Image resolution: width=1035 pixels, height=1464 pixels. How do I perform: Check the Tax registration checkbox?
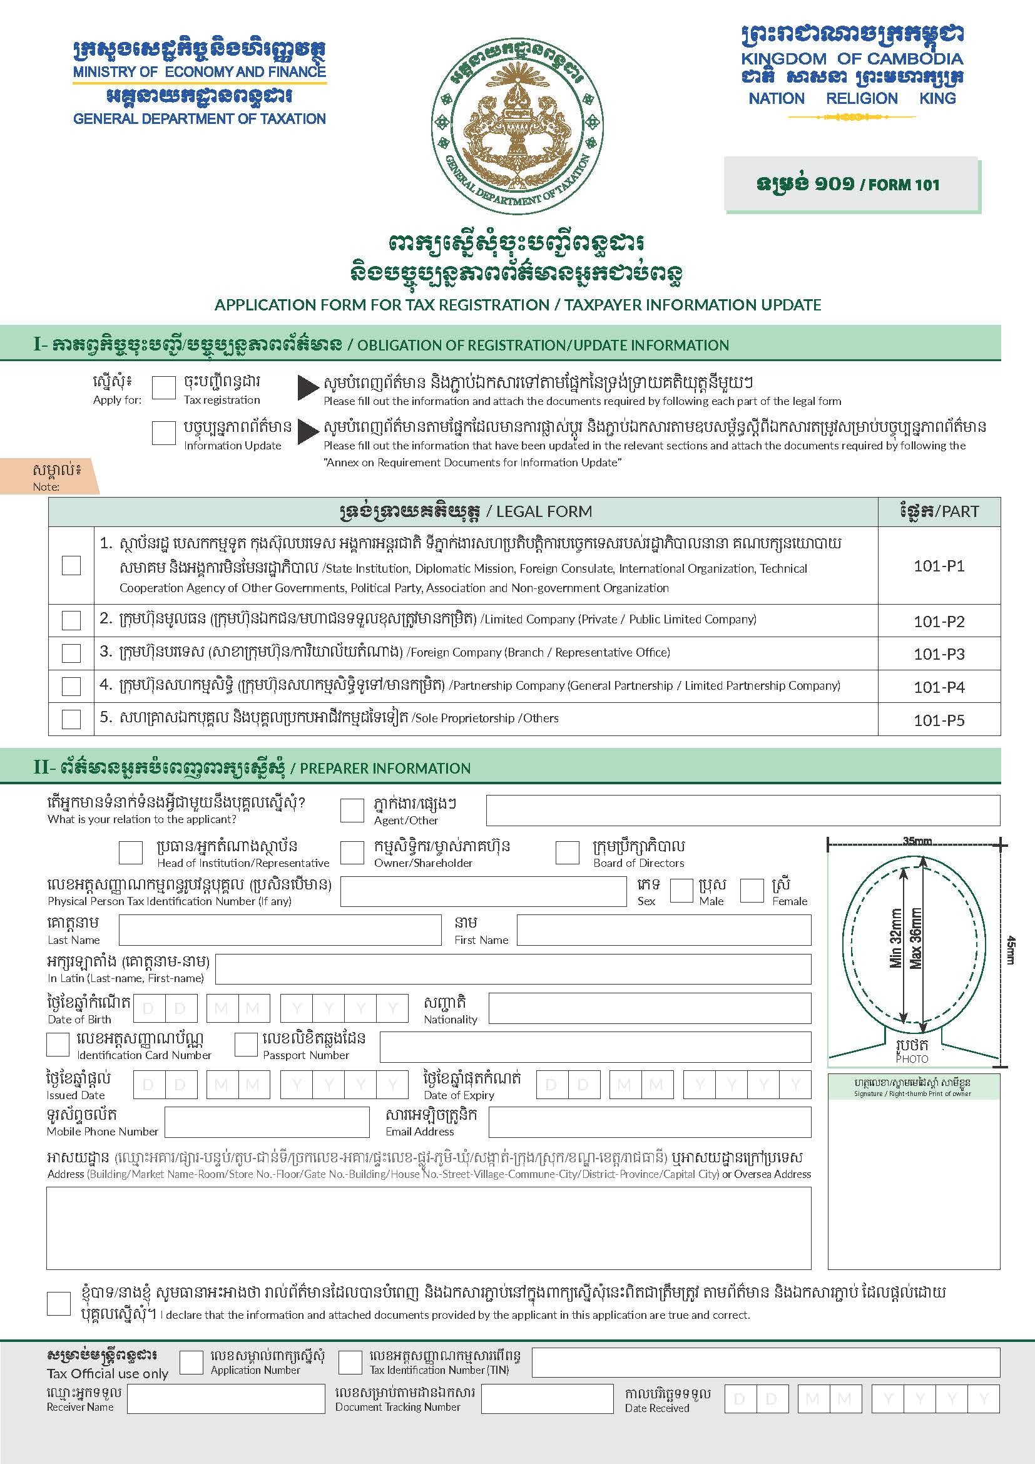pyautogui.click(x=164, y=387)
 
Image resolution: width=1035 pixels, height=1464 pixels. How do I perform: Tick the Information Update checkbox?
pyautogui.click(x=164, y=433)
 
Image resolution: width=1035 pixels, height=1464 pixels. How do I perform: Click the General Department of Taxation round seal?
pyautogui.click(x=517, y=122)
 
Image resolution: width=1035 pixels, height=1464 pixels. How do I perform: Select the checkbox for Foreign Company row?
pyautogui.click(x=71, y=653)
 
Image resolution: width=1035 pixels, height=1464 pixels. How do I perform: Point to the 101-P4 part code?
pyautogui.click(x=939, y=687)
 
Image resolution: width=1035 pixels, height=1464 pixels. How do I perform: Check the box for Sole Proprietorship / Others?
pyautogui.click(x=71, y=719)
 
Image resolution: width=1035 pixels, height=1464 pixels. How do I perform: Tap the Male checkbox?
pyautogui.click(x=681, y=890)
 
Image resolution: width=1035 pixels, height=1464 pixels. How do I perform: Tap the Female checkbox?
pyautogui.click(x=752, y=890)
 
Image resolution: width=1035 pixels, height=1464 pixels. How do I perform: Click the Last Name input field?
pyautogui.click(x=280, y=929)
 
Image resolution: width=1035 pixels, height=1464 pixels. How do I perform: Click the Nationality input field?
pyautogui.click(x=650, y=1008)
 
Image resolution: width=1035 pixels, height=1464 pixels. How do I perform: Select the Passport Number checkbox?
pyautogui.click(x=245, y=1045)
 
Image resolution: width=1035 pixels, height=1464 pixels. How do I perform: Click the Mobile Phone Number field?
pyautogui.click(x=267, y=1122)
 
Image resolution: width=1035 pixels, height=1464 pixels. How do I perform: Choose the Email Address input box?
pyautogui.click(x=650, y=1122)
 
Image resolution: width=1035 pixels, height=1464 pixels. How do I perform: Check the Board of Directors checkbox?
pyautogui.click(x=567, y=852)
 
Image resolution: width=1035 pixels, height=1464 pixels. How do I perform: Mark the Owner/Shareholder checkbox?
pyautogui.click(x=352, y=852)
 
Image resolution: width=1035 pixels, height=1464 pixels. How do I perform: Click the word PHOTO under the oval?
pyautogui.click(x=912, y=1059)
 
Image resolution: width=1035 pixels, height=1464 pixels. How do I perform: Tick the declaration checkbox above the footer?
pyautogui.click(x=59, y=1303)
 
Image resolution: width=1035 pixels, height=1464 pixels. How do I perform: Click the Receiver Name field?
pyautogui.click(x=227, y=1400)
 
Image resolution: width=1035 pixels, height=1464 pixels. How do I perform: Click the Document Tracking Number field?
pyautogui.click(x=547, y=1400)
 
